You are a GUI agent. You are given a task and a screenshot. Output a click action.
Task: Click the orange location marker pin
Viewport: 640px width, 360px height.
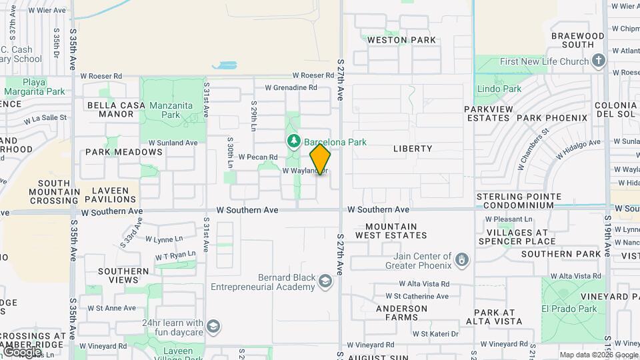tap(320, 159)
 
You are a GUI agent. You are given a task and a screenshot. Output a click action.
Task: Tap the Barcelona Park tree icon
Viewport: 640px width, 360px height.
tap(293, 141)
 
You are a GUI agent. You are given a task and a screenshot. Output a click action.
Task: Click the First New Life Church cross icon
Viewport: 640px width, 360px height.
tap(598, 61)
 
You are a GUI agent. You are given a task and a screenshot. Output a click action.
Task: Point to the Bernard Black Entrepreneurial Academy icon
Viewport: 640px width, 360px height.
tap(325, 282)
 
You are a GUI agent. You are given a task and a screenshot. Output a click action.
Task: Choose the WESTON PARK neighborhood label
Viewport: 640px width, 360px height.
tap(402, 40)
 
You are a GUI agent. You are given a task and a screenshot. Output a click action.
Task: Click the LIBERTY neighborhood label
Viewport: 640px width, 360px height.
tap(413, 149)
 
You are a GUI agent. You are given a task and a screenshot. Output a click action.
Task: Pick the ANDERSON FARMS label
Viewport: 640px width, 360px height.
tap(401, 313)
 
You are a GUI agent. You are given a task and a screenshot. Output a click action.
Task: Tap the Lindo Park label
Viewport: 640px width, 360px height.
tap(499, 89)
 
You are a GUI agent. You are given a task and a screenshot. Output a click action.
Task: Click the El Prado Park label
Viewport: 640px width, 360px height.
tap(569, 309)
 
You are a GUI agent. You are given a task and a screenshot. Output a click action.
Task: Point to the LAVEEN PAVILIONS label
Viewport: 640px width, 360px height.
tap(110, 195)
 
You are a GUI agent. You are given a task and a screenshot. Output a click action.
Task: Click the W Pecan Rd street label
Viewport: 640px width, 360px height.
tap(257, 157)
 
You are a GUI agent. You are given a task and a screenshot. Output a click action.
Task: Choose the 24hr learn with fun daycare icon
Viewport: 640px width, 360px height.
tap(213, 326)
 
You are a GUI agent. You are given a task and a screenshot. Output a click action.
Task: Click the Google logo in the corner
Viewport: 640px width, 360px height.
tap(22, 351)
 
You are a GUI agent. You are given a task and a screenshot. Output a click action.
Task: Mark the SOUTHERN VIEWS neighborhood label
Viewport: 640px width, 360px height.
tap(123, 276)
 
